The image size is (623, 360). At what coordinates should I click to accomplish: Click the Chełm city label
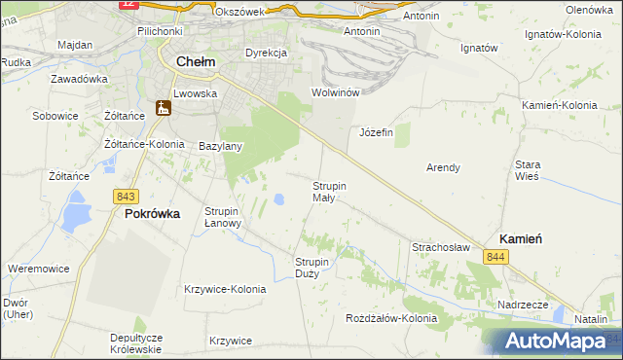point(195,61)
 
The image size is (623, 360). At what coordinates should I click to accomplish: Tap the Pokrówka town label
point(152,214)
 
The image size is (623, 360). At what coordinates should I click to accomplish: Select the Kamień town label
point(521,238)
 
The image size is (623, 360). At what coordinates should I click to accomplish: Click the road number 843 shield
point(125,196)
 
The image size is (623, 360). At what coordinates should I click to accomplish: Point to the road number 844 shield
point(496,256)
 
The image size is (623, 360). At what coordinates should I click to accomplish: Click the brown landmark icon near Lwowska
point(164,108)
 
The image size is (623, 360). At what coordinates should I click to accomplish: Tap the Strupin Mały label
point(329,190)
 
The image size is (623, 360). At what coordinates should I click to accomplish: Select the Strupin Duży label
point(313,268)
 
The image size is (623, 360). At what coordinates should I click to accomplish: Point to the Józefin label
point(376,132)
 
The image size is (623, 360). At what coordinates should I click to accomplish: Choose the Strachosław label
point(442,247)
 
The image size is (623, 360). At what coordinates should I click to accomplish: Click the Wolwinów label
point(336,92)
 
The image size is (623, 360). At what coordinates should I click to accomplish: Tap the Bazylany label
point(220,146)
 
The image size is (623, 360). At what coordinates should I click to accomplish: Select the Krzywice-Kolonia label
point(225,289)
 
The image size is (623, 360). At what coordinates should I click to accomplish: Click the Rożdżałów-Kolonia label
point(392,318)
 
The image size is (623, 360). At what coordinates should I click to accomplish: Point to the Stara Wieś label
point(528,171)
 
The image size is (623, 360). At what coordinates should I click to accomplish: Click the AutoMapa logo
point(557,342)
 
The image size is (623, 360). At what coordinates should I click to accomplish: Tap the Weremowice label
point(37,267)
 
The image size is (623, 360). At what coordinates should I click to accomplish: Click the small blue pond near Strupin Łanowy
point(279,199)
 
